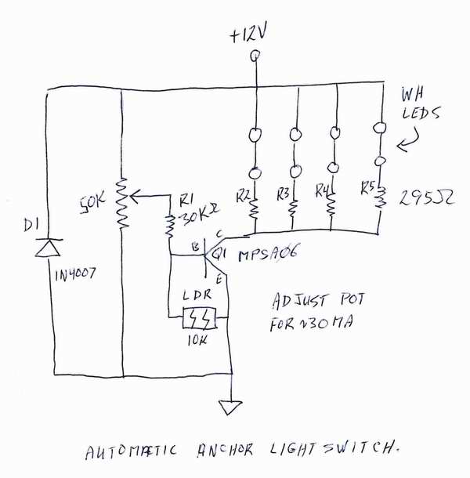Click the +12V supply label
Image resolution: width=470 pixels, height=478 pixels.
tap(253, 35)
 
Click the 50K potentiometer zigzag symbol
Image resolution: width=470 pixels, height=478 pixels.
tap(121, 202)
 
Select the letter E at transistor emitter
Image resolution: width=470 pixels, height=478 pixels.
tap(220, 278)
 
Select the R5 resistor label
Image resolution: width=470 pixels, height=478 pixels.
tap(366, 187)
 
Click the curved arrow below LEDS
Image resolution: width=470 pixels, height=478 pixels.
tap(409, 144)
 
